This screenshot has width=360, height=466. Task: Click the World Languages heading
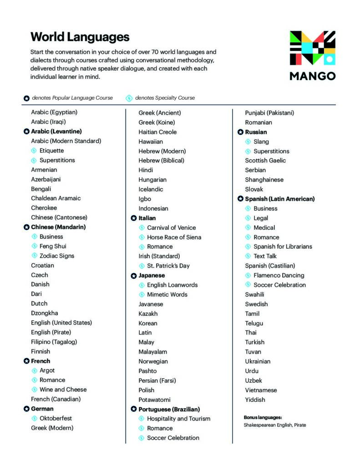[x=80, y=37]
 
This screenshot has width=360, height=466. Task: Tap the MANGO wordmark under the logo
[x=312, y=76]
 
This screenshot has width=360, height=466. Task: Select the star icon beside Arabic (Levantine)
[x=26, y=132]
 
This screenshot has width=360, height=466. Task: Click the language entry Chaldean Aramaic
[x=56, y=198]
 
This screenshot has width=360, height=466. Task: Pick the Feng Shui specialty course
[x=53, y=246]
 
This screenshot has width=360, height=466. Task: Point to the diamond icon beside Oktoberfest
[x=34, y=418]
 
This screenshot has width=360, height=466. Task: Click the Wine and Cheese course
[x=63, y=390]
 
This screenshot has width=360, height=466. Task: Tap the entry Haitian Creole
[x=157, y=132]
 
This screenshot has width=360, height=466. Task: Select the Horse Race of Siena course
[x=174, y=237]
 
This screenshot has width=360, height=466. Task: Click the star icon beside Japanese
[x=134, y=276]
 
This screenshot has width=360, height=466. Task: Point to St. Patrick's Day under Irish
[x=168, y=266]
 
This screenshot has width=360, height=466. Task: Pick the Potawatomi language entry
[x=154, y=400]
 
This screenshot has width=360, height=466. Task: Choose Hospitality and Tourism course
[x=178, y=419]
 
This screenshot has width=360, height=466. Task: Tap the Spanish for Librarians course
[x=283, y=247]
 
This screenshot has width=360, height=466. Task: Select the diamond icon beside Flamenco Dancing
[x=248, y=275]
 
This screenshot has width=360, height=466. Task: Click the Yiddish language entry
[x=255, y=400]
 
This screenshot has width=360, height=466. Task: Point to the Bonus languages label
[x=263, y=417]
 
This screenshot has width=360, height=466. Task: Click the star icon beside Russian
[x=240, y=132]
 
